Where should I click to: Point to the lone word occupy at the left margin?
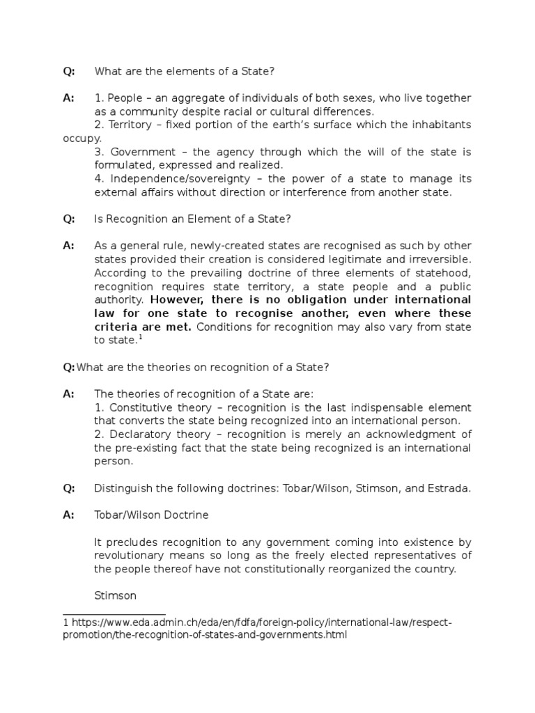[82, 138]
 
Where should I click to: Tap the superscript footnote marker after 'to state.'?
[139, 337]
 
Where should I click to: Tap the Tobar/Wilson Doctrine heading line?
[151, 515]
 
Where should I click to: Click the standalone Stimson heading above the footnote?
[115, 595]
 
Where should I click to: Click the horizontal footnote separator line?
[114, 614]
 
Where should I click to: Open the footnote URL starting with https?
[258, 622]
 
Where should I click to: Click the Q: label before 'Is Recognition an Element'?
[69, 219]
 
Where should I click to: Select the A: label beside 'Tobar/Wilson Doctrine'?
[68, 515]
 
